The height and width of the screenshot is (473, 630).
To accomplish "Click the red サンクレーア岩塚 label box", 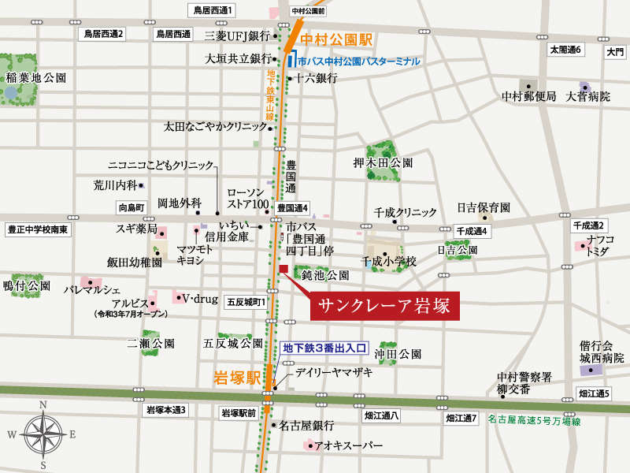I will pos(384,307).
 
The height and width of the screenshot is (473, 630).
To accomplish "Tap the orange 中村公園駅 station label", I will pos(336,39).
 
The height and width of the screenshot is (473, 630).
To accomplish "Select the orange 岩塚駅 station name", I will pos(237,378).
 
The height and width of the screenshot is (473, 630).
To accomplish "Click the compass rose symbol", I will pos(45,433).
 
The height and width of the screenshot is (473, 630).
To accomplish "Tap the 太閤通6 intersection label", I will pos(565,50).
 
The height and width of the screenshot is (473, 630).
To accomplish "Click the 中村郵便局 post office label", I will pos(529,96).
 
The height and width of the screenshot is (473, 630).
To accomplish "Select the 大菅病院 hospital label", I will pos(588,96).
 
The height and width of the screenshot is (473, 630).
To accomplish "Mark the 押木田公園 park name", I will pos(384,163).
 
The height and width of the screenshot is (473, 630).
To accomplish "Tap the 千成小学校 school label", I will pos(388,260).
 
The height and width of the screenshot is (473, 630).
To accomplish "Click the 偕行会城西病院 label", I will pos(602,352).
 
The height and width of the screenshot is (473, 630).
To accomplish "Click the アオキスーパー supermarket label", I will pos(348,446).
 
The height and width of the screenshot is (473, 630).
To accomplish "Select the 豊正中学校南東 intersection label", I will pos(39,229).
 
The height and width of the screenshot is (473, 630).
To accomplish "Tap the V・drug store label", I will pos(199,298).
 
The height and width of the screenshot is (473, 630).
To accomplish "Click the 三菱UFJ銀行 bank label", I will pos(237,35).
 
